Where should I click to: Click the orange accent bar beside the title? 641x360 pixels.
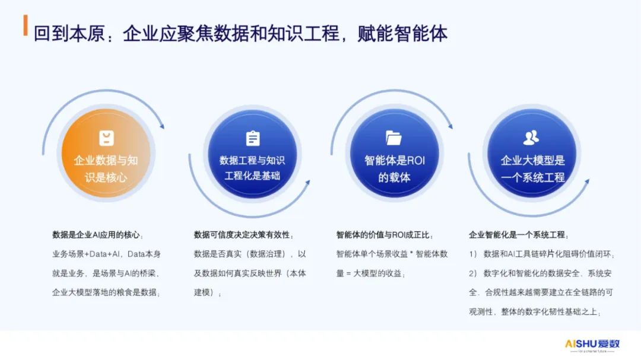coord(26,26)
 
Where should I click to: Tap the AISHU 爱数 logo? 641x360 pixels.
coord(592,345)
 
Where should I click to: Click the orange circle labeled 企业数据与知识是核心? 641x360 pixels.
coord(106,153)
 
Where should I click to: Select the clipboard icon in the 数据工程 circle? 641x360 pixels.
coord(253,139)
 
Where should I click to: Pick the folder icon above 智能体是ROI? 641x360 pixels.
coord(394,138)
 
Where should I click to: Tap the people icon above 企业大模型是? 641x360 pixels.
coord(531,138)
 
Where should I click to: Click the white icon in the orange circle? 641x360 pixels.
coord(106,138)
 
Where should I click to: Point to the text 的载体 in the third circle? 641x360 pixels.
coord(394,177)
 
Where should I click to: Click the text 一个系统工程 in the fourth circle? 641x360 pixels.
coord(532,177)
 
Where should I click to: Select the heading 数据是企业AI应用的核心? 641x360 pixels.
coord(96,235)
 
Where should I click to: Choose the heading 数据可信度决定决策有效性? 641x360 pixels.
coord(242,235)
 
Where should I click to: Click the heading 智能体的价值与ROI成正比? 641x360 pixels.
coord(383,235)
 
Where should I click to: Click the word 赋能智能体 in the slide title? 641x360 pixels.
coord(402,33)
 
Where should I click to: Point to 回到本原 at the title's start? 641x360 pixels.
coord(69,33)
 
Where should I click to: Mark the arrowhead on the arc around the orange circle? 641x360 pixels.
coord(162,126)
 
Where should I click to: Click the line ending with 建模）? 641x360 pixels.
coord(207,292)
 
